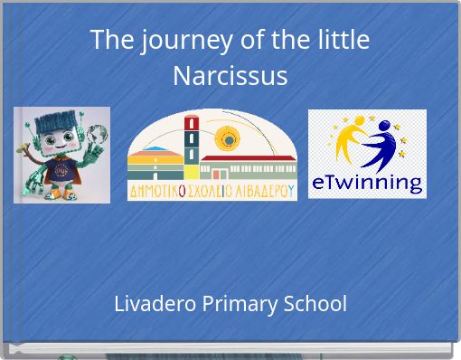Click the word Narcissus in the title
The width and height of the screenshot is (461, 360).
tap(230, 75)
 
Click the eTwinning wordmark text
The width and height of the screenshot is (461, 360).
tap(366, 183)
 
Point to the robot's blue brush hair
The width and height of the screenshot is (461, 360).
tap(61, 118)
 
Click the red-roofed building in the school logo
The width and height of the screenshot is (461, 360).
tap(248, 166)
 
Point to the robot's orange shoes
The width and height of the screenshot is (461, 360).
tap(60, 193)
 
